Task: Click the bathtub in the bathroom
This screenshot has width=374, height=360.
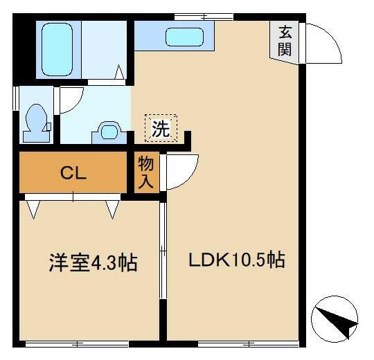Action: tap(57, 49)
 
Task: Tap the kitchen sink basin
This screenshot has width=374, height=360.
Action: tap(184, 37)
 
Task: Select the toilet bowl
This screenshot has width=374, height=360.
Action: tap(37, 123)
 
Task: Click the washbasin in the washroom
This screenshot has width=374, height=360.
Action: tap(109, 132)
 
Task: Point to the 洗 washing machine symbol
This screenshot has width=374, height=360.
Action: tap(161, 128)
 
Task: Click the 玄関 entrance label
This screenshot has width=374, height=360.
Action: tap(285, 41)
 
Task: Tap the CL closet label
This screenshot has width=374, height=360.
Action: tap(73, 173)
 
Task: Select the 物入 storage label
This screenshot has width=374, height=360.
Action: tap(145, 172)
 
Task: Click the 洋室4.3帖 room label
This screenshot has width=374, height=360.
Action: tap(93, 262)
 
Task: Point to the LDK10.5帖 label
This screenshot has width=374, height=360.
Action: tap(237, 260)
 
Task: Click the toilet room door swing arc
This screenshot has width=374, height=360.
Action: tap(76, 104)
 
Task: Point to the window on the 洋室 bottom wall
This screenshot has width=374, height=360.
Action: tap(77, 344)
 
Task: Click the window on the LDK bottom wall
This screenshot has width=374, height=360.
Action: tap(248, 344)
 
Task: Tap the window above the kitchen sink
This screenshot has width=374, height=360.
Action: tap(204, 17)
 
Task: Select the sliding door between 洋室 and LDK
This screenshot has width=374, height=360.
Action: tap(163, 251)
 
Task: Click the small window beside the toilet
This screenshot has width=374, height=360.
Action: tap(16, 98)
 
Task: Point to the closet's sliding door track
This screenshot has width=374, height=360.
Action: tap(73, 197)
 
